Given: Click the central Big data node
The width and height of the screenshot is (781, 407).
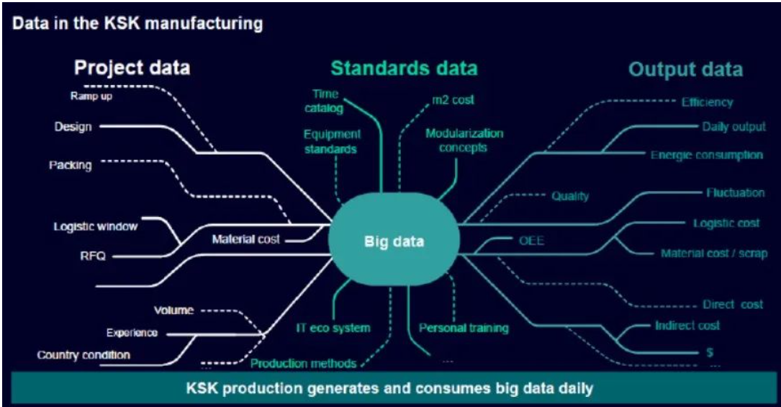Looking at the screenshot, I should coord(393,241).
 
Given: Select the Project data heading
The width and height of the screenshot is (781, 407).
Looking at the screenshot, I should coord(132,68).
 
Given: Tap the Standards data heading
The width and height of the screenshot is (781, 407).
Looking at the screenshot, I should coord(404,68).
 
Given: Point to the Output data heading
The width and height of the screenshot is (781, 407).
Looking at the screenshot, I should coord(685,69).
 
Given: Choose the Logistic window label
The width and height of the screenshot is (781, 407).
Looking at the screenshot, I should coord(96,226).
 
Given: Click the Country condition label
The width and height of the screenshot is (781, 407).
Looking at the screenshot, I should coord(83,354).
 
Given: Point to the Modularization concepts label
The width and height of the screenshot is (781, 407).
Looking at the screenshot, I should coord(464,140).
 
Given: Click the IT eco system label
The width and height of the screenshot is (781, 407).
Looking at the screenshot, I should coord(333,328).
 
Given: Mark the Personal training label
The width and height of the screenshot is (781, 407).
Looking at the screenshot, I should coord(464,328).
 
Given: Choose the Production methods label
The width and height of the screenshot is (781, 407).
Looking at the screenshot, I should coord(303,363).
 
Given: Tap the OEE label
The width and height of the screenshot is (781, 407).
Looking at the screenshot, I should coord(531,241).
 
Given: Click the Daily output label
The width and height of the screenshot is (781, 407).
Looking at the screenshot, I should coord(733,127).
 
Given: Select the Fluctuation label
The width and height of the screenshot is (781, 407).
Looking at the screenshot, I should coord(734,193).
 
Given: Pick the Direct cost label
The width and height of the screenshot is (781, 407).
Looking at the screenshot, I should coord(733,304).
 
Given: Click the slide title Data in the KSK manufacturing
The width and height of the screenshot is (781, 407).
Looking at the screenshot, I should coord(137,24).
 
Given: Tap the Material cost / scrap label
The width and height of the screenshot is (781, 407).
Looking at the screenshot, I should coord(713,253).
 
